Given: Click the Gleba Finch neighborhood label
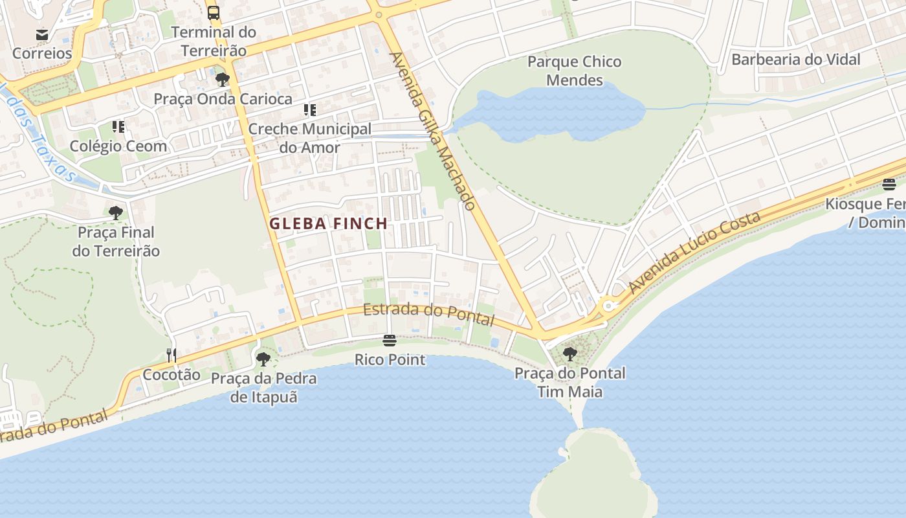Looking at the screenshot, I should (x=328, y=224).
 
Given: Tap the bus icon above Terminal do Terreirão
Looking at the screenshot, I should (x=214, y=12).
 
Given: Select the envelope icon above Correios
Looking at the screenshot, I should (x=42, y=34).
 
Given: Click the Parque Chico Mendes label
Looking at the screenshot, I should (x=574, y=71).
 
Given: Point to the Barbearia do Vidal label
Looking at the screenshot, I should (x=795, y=60).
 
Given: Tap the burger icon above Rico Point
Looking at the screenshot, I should (x=389, y=340).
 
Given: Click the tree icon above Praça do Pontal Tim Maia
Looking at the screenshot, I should (x=569, y=354).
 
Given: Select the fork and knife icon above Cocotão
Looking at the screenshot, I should (x=171, y=355).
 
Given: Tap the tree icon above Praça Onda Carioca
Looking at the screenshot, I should (x=223, y=80).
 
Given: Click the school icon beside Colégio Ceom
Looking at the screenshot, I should (x=118, y=126).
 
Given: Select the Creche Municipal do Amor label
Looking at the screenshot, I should (x=309, y=138).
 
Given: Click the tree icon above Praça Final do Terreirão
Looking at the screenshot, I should (x=116, y=212).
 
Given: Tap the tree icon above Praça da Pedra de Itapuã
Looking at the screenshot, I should (x=263, y=359).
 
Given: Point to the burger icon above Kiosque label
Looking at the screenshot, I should (x=889, y=185).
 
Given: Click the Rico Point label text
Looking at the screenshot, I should (x=390, y=359).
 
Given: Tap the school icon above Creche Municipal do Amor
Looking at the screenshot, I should (x=310, y=109).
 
